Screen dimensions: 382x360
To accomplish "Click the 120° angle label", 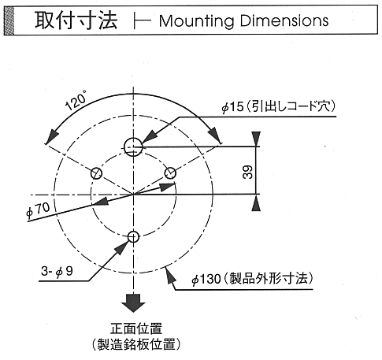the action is point(76,101).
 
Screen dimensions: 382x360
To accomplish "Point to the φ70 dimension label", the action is point(38,210).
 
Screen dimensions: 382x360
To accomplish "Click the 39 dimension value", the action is point(248,173).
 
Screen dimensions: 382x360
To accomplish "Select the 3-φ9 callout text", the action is point(57,271).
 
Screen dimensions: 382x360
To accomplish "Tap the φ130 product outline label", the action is point(252,278).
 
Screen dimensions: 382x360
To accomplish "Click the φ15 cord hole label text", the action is point(278,106).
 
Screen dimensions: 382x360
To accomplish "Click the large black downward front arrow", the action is point(133,302).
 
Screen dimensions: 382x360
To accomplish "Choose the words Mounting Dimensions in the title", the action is point(243,20).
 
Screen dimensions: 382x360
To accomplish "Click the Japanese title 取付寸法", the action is point(76,20).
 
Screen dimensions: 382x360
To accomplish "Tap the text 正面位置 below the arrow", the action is point(136,328).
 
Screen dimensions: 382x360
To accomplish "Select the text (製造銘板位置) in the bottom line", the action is point(136,343).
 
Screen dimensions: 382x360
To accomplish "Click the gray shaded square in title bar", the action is point(9,20).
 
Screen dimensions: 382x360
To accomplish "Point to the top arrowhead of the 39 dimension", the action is point(256,139).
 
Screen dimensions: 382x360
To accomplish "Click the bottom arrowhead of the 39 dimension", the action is point(256,202).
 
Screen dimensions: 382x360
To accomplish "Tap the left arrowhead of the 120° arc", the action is point(52,135).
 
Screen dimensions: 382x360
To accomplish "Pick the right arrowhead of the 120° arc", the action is point(215,135).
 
